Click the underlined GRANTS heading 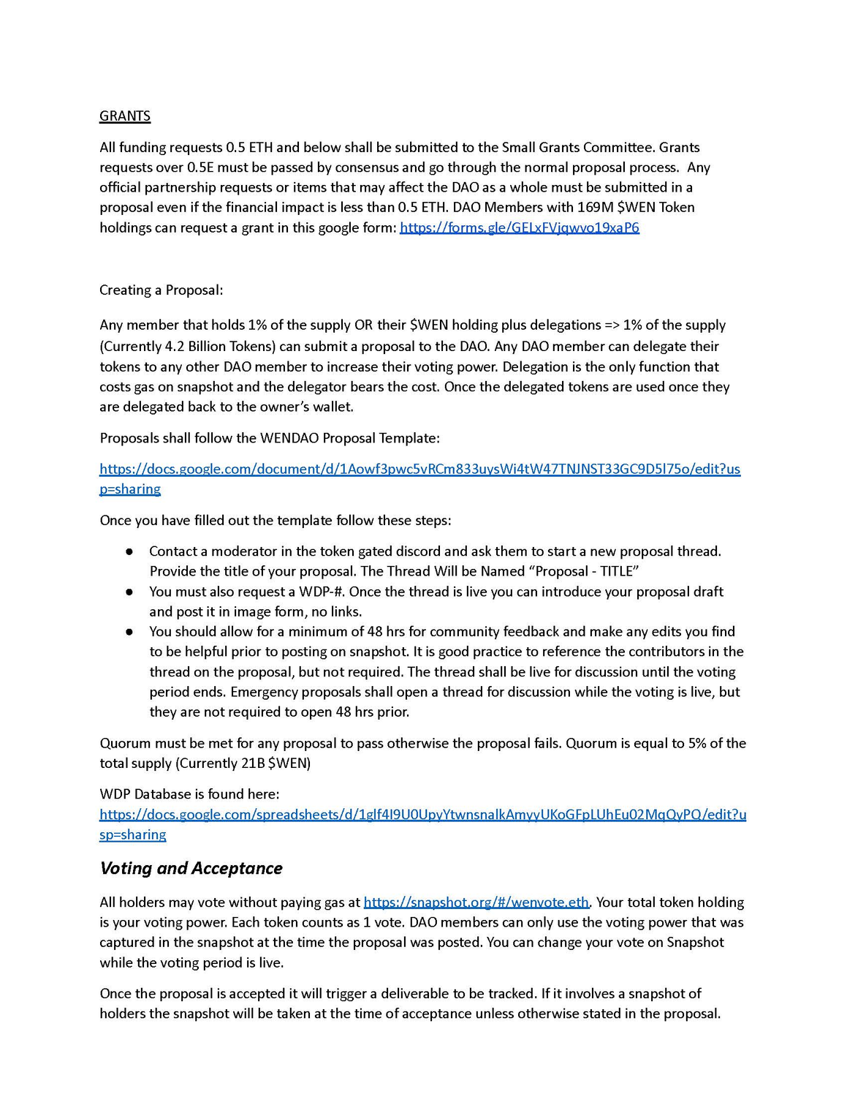[x=125, y=116]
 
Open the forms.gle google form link [x=519, y=227]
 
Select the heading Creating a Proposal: [x=161, y=290]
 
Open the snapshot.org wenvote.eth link [x=476, y=902]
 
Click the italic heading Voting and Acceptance [x=191, y=868]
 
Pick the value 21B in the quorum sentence [x=252, y=764]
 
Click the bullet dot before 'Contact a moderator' [x=129, y=551]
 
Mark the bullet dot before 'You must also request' [x=129, y=592]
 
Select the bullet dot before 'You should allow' [x=129, y=632]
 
